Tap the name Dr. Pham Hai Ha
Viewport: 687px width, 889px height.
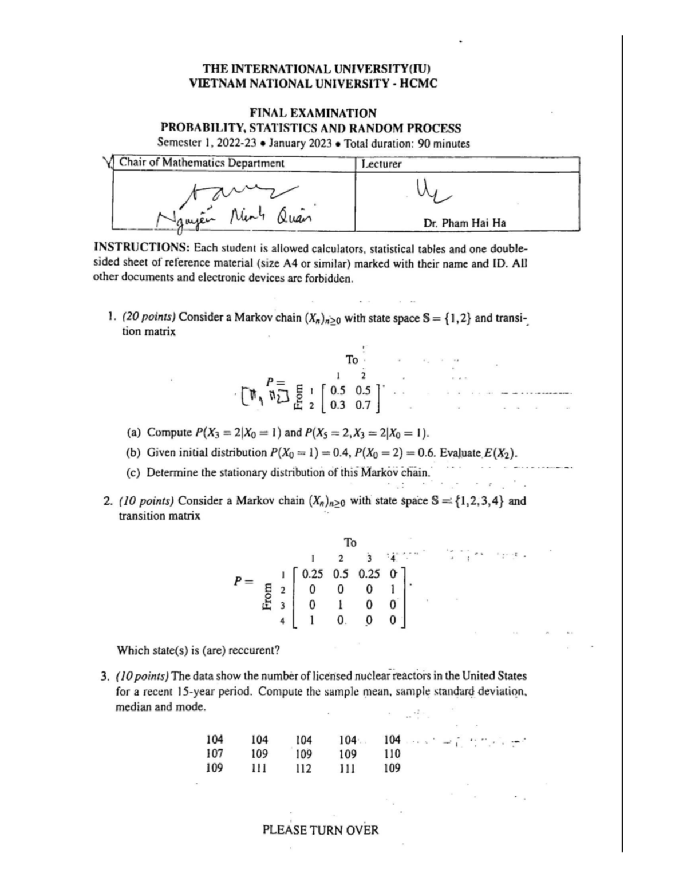tap(464, 223)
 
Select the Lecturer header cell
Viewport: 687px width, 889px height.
tap(380, 164)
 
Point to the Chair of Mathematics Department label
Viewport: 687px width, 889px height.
tap(202, 163)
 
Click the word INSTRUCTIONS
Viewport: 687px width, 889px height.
tap(141, 249)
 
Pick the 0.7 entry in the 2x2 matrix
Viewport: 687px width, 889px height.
tap(362, 405)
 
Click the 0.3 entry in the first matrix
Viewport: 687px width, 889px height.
tap(338, 405)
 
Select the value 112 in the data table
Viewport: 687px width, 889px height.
tap(303, 768)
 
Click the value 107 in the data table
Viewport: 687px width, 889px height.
tap(214, 754)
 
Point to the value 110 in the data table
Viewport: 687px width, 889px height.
tap(392, 754)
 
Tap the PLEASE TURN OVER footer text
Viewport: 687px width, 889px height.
tap(320, 829)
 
